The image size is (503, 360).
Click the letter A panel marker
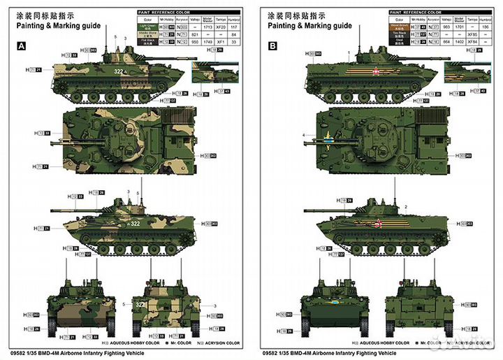[x=21, y=45]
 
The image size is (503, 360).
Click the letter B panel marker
[x=273, y=45]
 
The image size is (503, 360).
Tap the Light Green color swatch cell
[x=147, y=27]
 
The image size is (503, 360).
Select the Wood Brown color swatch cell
[x=398, y=26]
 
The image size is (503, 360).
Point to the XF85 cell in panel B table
[x=472, y=34]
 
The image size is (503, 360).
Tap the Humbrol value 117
[x=235, y=27]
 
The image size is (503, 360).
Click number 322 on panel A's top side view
[x=120, y=71]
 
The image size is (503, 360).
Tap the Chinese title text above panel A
[x=43, y=13]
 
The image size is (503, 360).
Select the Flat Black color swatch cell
[x=147, y=41]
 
